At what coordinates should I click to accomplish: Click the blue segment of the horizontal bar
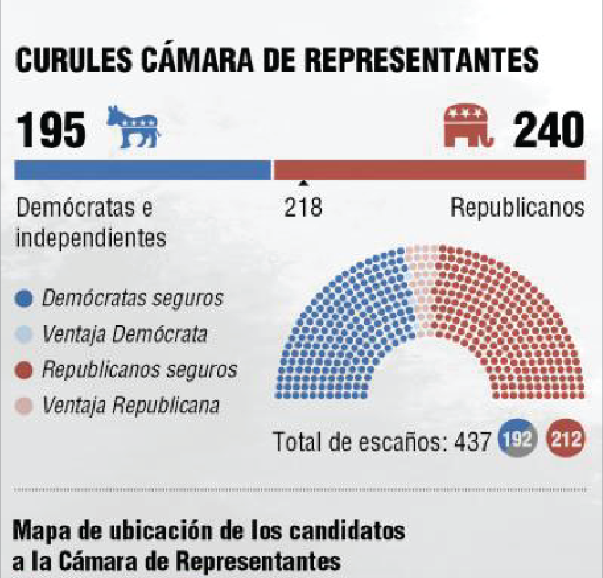143,170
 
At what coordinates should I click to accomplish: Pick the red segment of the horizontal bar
429,170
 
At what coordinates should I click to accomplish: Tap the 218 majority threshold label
303,208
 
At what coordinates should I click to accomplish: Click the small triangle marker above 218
303,183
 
